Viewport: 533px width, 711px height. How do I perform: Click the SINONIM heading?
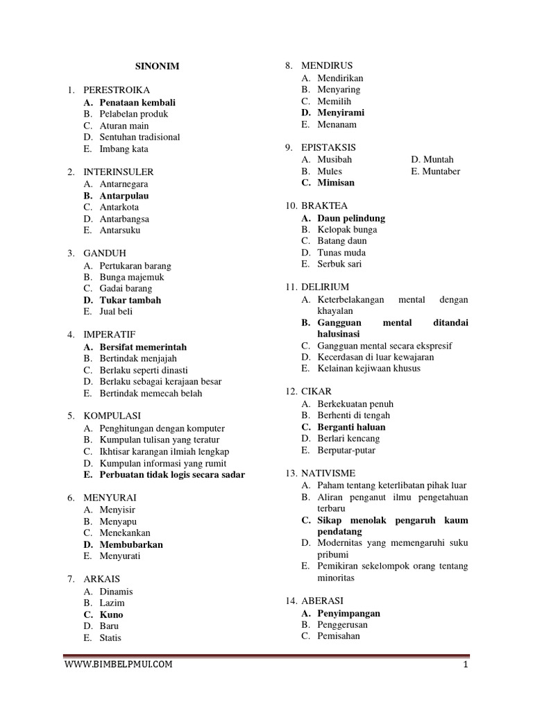[156, 67]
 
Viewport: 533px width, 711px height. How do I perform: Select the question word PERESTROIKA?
[116, 90]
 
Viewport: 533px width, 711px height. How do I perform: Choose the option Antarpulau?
[124, 196]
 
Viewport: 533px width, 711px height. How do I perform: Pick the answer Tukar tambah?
[130, 300]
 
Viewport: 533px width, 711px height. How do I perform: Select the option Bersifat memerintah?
[143, 346]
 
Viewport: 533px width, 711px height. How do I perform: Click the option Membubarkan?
[131, 544]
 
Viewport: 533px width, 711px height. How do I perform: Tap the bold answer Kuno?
[111, 614]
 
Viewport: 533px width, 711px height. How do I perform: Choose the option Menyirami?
[341, 112]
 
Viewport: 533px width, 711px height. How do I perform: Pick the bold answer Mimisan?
[336, 183]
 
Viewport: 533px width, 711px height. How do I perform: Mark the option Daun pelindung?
[351, 218]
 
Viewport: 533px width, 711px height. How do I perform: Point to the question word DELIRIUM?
[325, 287]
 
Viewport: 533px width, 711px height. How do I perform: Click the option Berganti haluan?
[351, 427]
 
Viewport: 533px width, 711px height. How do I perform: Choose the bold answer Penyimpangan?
[348, 614]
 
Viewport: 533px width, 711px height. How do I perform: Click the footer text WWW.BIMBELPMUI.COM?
[119, 664]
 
